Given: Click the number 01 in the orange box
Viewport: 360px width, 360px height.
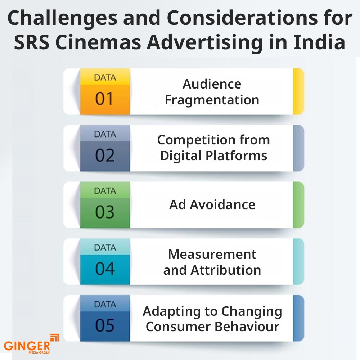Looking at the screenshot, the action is (x=104, y=99).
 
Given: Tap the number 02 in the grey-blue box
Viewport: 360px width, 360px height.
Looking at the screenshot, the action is (x=105, y=156).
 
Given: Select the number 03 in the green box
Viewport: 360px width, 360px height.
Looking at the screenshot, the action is (x=105, y=212).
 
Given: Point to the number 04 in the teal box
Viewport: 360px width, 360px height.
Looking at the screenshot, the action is (x=105, y=269).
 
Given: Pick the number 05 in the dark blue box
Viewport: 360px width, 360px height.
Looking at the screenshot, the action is (x=105, y=325).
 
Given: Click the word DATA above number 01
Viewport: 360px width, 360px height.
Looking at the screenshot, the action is (x=105, y=78).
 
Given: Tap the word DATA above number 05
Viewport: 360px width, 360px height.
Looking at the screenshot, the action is (x=105, y=305).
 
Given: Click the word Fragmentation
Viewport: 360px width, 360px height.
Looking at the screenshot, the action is (x=212, y=100).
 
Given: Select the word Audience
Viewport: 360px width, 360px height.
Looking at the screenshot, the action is (x=212, y=84).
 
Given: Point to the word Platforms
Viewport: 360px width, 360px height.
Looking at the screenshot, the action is (x=236, y=156).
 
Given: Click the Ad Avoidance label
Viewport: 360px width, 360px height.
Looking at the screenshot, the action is (x=212, y=204).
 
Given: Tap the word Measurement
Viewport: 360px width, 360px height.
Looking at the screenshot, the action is (x=212, y=255).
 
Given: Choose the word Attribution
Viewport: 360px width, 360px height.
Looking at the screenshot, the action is (x=226, y=270).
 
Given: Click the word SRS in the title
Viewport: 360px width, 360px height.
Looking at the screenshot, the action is (x=32, y=42).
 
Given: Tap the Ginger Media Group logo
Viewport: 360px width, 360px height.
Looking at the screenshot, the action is (x=31, y=344).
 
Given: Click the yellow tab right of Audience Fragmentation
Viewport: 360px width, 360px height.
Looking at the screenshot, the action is (x=298, y=91).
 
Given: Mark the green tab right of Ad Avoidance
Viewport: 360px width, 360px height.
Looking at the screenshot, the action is (x=298, y=205).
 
